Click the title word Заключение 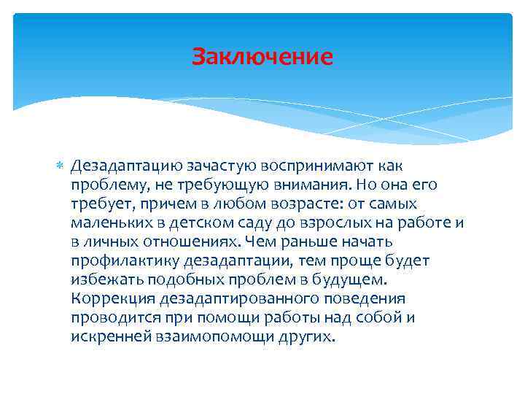(262, 56)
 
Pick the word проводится (108, 317)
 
